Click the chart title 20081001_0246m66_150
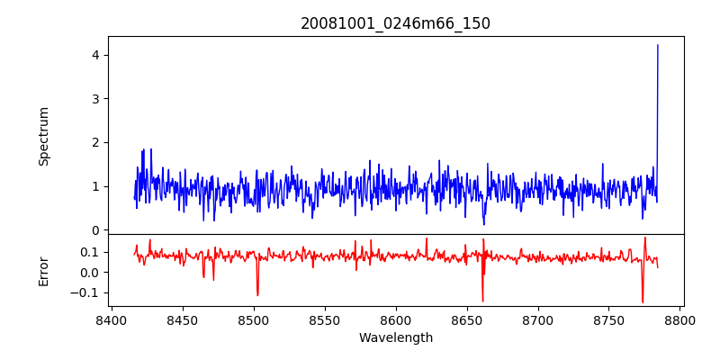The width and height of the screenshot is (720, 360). click(395, 23)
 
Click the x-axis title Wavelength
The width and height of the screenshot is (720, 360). click(395, 338)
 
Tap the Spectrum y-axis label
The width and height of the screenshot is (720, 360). click(43, 136)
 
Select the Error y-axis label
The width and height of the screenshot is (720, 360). click(43, 271)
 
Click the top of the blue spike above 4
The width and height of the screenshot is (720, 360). click(658, 45)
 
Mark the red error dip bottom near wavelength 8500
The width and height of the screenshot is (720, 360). click(257, 295)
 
